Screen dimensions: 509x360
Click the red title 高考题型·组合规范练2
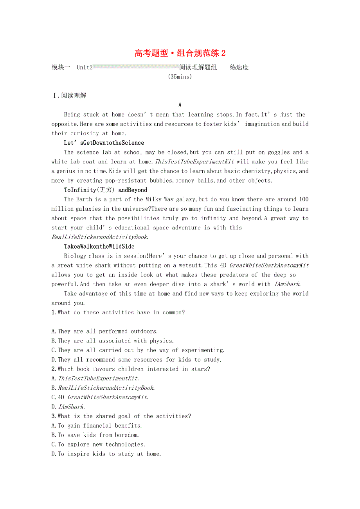180,53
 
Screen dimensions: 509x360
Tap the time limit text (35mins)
180,77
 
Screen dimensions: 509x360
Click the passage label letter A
180,105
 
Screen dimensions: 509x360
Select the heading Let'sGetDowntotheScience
104,143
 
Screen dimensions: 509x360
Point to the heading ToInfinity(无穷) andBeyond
106,190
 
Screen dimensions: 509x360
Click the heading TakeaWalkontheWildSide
99,246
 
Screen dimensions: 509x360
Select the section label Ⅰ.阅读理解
69,95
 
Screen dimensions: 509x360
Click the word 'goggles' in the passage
278,152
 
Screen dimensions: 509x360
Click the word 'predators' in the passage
235,275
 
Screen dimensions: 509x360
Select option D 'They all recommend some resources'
137,360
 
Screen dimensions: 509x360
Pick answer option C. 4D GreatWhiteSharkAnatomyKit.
100,397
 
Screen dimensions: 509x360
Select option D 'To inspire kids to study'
106,454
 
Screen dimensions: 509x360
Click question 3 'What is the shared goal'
121,416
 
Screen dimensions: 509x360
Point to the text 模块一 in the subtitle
61,67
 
